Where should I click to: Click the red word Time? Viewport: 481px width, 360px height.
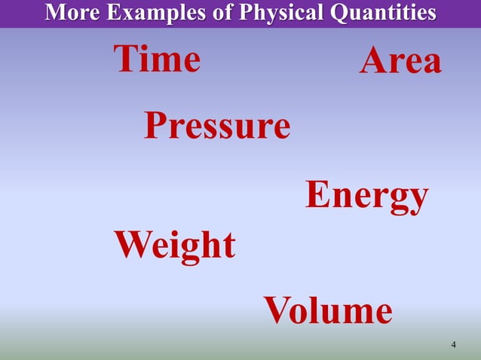coord(157,59)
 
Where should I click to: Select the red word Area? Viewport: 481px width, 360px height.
coord(400,62)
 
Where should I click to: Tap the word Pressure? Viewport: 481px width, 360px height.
coord(217,126)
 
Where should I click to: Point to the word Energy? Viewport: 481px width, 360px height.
coord(366,196)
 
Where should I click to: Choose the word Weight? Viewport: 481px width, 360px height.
coord(174,246)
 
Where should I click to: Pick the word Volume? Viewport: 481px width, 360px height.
coord(327,310)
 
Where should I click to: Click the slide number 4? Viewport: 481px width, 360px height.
coord(453,346)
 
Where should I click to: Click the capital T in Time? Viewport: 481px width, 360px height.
coord(126,59)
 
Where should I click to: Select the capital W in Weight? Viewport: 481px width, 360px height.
coord(131,246)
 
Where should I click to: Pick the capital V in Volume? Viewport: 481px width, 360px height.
coord(277,310)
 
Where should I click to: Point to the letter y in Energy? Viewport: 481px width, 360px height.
coord(417,200)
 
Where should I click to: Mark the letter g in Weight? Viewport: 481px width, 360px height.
coord(192,249)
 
